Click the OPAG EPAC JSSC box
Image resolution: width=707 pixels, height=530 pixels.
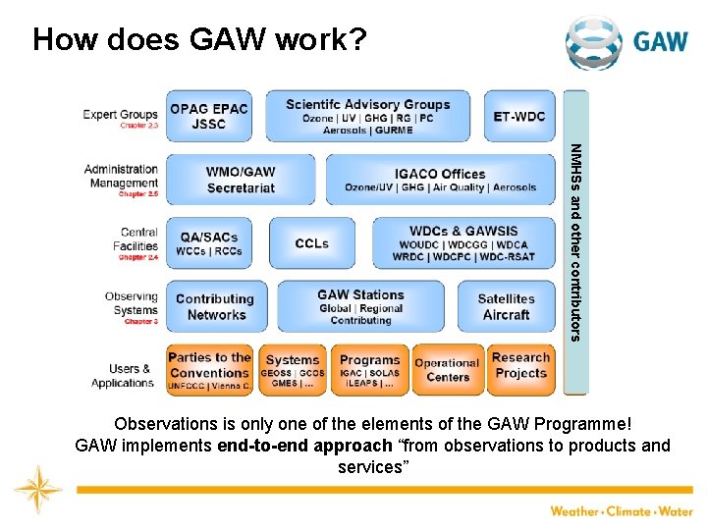(x=208, y=116)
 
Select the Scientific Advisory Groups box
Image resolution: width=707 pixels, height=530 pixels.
(x=368, y=116)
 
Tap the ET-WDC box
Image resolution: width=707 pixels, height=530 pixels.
(x=518, y=116)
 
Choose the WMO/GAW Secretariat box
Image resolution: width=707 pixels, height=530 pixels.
(x=241, y=180)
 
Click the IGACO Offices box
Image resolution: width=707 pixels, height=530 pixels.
(x=440, y=180)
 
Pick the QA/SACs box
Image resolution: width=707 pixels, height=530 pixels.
(x=208, y=243)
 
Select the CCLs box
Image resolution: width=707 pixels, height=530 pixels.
(x=311, y=243)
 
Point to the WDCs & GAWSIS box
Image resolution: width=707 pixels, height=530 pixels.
(x=462, y=243)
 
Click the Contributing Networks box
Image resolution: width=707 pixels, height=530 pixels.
(x=216, y=306)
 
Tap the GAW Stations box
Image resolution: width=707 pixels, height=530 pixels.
(x=360, y=306)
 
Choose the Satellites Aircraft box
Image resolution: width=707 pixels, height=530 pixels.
(x=506, y=306)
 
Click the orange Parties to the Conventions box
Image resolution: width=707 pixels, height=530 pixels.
(x=209, y=371)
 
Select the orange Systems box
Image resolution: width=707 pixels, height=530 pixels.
(x=293, y=371)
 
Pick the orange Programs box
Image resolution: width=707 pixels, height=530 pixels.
(x=369, y=371)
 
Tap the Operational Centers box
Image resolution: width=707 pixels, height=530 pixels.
(x=448, y=371)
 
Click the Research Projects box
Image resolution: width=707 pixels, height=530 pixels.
(x=520, y=371)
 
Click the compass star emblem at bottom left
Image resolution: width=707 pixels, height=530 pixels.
(x=38, y=488)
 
